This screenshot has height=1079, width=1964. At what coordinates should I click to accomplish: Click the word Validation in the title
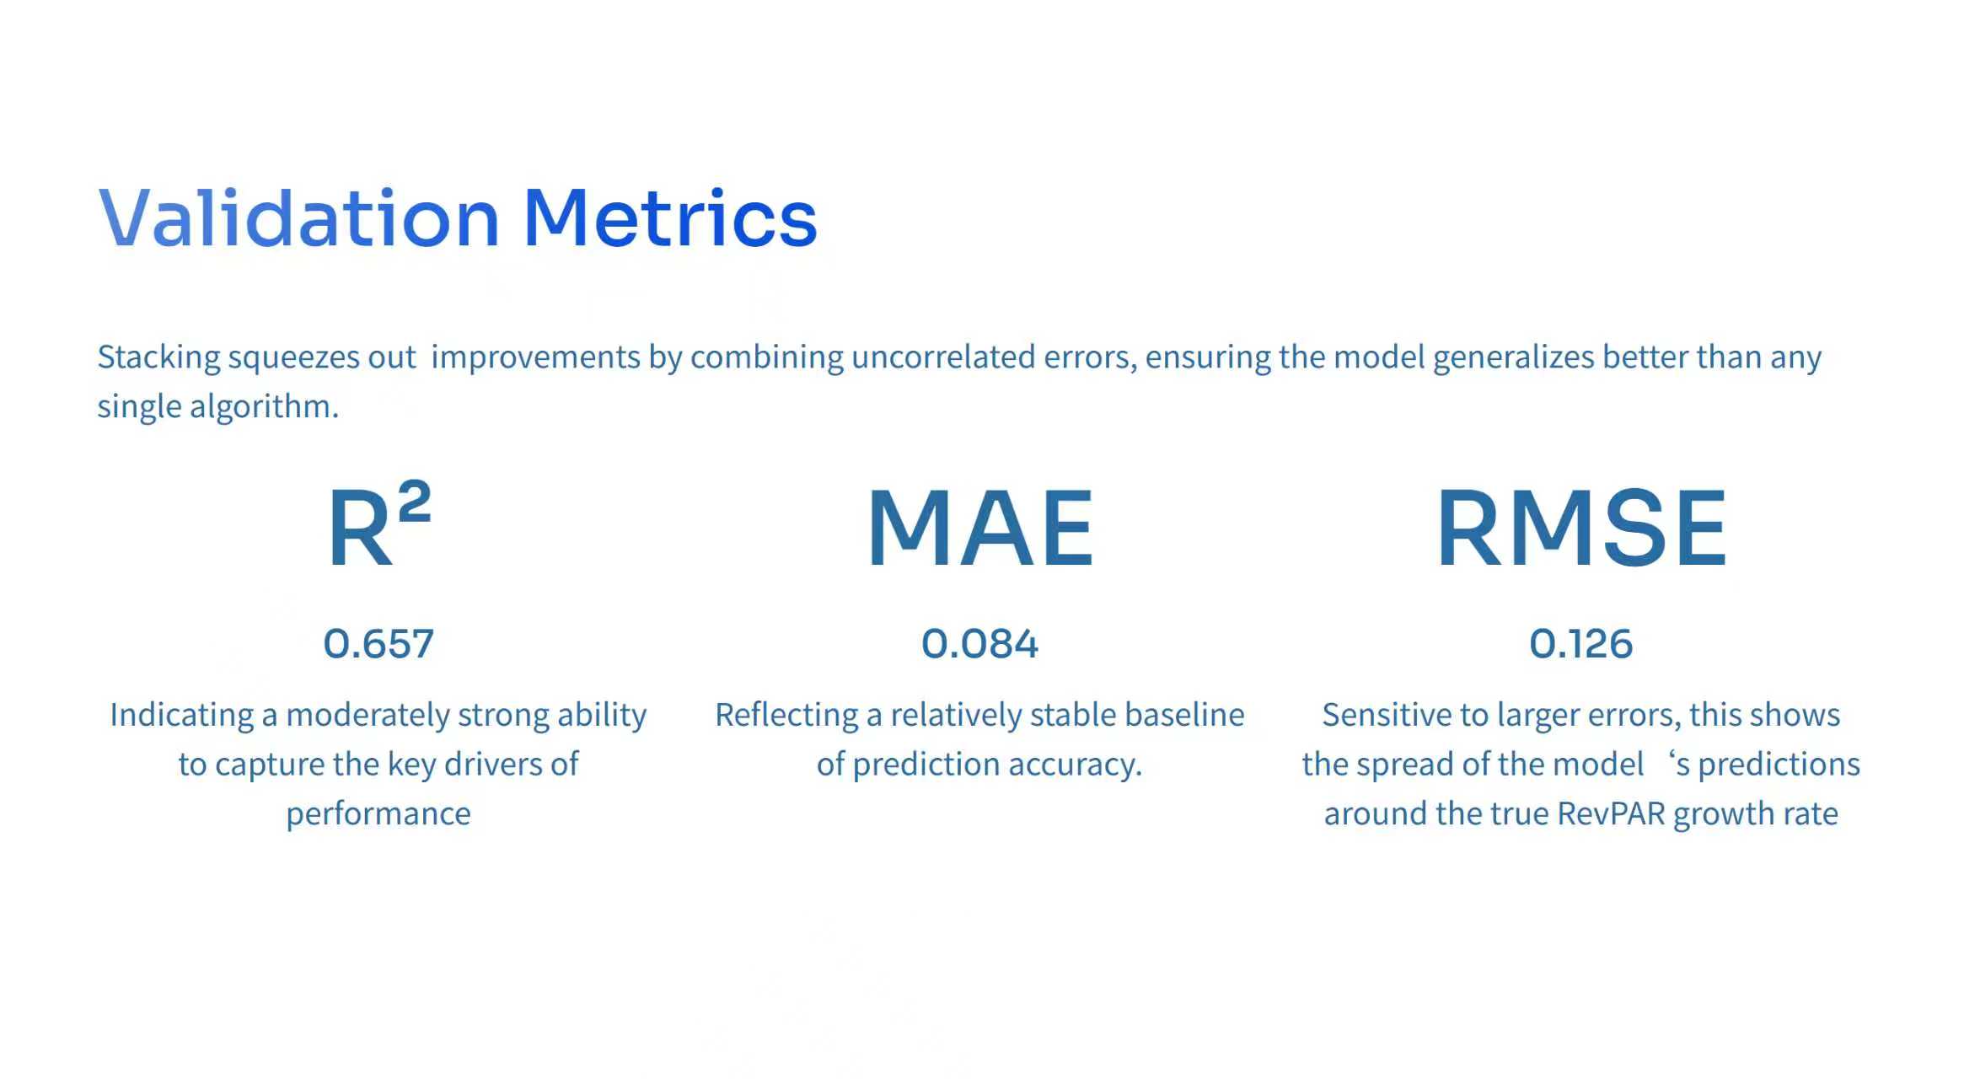click(299, 218)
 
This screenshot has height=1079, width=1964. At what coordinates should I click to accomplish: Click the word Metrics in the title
click(670, 218)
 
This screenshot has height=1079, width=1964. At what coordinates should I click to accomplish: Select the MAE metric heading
click(980, 529)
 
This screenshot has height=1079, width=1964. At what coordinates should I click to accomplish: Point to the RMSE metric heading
click(1581, 529)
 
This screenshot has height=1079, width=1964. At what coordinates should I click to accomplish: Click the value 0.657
click(378, 644)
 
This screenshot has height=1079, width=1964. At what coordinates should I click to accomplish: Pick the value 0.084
click(979, 644)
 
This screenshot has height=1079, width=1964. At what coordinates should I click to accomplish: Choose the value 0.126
click(1581, 644)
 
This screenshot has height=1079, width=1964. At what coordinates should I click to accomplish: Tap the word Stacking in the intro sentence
click(159, 357)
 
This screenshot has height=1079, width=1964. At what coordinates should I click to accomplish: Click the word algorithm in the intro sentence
click(264, 406)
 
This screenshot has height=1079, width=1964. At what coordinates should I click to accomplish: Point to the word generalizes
click(1513, 357)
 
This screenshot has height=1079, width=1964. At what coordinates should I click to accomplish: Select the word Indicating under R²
click(181, 715)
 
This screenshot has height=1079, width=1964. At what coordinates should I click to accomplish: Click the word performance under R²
click(378, 814)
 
